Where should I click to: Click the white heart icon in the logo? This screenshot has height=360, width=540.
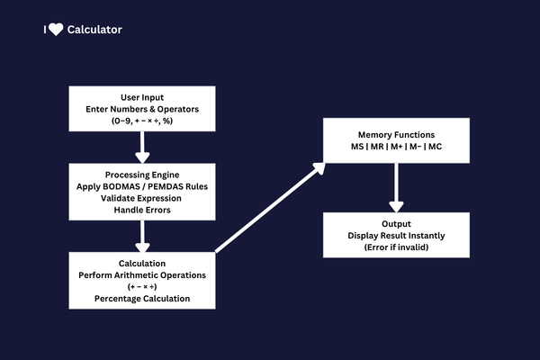[56, 30]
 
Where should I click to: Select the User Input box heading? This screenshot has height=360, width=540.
[141, 96]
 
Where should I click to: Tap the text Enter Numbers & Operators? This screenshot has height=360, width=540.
[141, 108]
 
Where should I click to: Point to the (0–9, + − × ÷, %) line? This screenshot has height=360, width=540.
[141, 120]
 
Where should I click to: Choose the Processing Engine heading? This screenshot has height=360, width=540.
[141, 174]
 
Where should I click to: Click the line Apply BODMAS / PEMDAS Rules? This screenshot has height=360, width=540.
[141, 185]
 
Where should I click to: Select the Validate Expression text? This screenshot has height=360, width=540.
[141, 197]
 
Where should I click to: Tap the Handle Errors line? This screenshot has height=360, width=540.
[141, 209]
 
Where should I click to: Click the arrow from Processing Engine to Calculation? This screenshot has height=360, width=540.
[141, 236]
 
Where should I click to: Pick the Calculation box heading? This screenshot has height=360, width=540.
[141, 262]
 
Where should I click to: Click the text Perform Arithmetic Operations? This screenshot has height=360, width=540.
[141, 274]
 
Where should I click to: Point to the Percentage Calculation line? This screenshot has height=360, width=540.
[141, 298]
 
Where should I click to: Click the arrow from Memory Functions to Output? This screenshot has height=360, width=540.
[395, 189]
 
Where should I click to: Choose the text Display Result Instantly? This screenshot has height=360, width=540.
[395, 235]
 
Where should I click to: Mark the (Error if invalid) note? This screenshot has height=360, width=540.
[395, 247]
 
